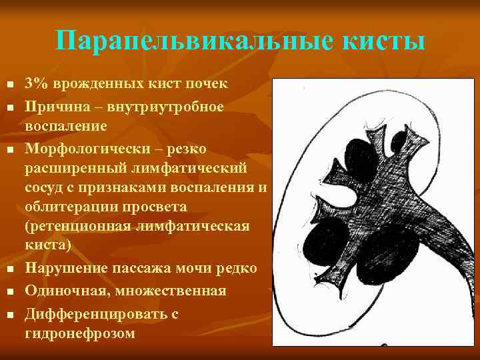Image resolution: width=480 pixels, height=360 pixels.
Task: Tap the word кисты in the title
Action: pos(383,42)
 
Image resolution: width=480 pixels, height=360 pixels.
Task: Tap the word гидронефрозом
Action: pos(79,333)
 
